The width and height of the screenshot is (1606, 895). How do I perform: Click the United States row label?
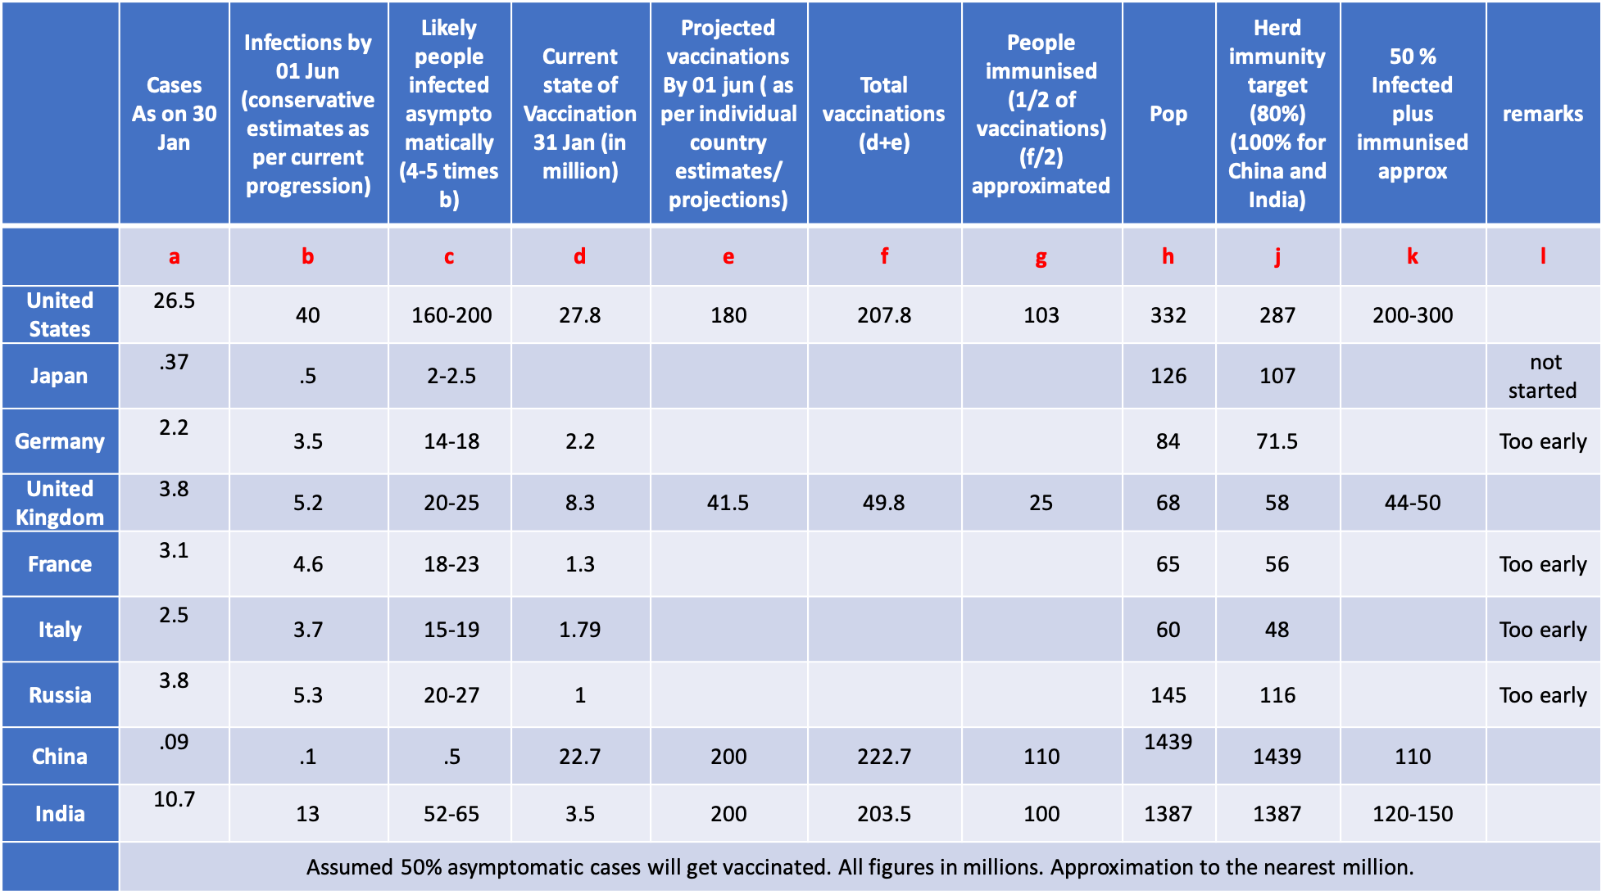(x=60, y=314)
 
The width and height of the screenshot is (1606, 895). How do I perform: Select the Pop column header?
(x=1168, y=114)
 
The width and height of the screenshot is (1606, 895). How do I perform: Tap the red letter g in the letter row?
(x=1041, y=257)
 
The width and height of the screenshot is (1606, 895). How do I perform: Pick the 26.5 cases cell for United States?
(x=174, y=301)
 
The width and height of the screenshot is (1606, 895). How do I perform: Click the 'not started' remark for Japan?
(x=1543, y=376)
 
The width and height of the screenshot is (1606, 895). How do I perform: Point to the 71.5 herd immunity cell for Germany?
(x=1277, y=441)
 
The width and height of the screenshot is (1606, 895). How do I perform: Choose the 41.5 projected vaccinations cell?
(x=728, y=503)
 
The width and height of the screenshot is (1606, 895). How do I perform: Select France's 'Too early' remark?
(x=1543, y=564)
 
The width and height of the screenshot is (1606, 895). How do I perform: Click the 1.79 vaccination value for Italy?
(x=580, y=630)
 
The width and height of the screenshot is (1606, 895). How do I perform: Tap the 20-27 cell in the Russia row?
(x=451, y=695)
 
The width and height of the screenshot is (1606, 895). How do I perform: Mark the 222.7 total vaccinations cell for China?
(x=884, y=757)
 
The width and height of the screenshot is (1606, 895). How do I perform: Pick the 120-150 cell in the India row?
(x=1413, y=814)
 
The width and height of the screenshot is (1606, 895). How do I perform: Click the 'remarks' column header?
(x=1543, y=114)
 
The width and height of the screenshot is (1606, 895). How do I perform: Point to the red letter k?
(x=1413, y=256)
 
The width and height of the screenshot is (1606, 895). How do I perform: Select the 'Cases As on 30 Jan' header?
(x=174, y=114)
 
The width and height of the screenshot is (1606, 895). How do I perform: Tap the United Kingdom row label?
(x=60, y=503)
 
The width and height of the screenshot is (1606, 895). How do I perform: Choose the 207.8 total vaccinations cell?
(x=884, y=315)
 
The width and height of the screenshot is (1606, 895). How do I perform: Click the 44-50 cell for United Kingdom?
(x=1413, y=503)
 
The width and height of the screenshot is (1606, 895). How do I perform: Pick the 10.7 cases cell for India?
(x=174, y=799)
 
